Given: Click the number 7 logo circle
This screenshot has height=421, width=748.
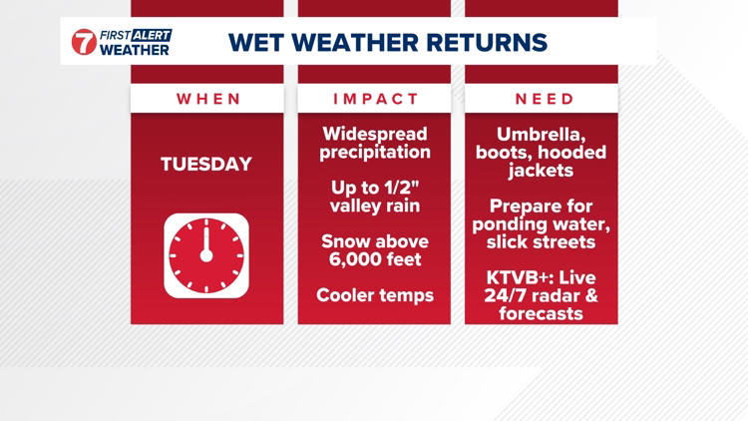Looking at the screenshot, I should (x=85, y=42).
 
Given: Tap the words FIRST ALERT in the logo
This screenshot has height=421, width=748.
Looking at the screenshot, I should (x=135, y=34).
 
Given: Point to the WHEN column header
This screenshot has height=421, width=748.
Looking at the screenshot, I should (x=208, y=99).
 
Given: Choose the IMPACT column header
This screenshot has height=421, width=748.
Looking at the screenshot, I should (x=376, y=99).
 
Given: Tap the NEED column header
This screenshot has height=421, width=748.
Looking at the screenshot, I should (x=544, y=99).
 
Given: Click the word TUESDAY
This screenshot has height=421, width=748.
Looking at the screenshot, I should (x=206, y=165).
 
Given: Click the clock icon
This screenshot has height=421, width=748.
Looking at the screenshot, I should (x=206, y=255).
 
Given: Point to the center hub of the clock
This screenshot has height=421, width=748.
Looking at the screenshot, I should (x=206, y=255).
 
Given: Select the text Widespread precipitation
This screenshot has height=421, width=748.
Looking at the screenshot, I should (x=375, y=143).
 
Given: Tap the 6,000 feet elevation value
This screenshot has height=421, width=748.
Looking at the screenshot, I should (x=375, y=260).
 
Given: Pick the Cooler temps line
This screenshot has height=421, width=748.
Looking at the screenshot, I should (x=375, y=295).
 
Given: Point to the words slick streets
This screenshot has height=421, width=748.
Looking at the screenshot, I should (x=541, y=242).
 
